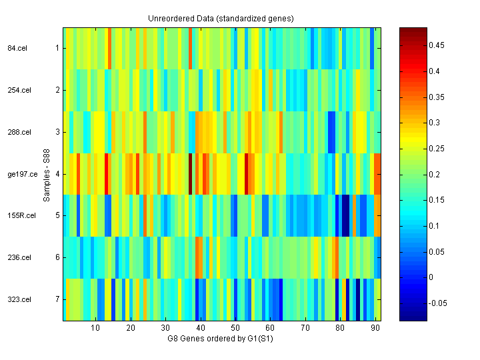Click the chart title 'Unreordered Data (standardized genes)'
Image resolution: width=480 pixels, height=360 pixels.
[x=221, y=18]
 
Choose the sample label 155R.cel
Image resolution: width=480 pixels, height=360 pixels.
[x=19, y=216]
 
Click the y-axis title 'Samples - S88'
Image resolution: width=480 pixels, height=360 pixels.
[x=46, y=174]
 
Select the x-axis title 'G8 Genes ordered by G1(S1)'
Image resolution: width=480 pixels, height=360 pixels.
[x=221, y=339]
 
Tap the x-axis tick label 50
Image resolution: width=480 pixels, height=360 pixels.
[x=235, y=328]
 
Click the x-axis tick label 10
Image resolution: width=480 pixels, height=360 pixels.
[x=95, y=328]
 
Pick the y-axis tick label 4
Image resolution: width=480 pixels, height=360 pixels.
[x=57, y=174]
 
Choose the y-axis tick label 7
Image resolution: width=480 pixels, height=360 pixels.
[x=57, y=299]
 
